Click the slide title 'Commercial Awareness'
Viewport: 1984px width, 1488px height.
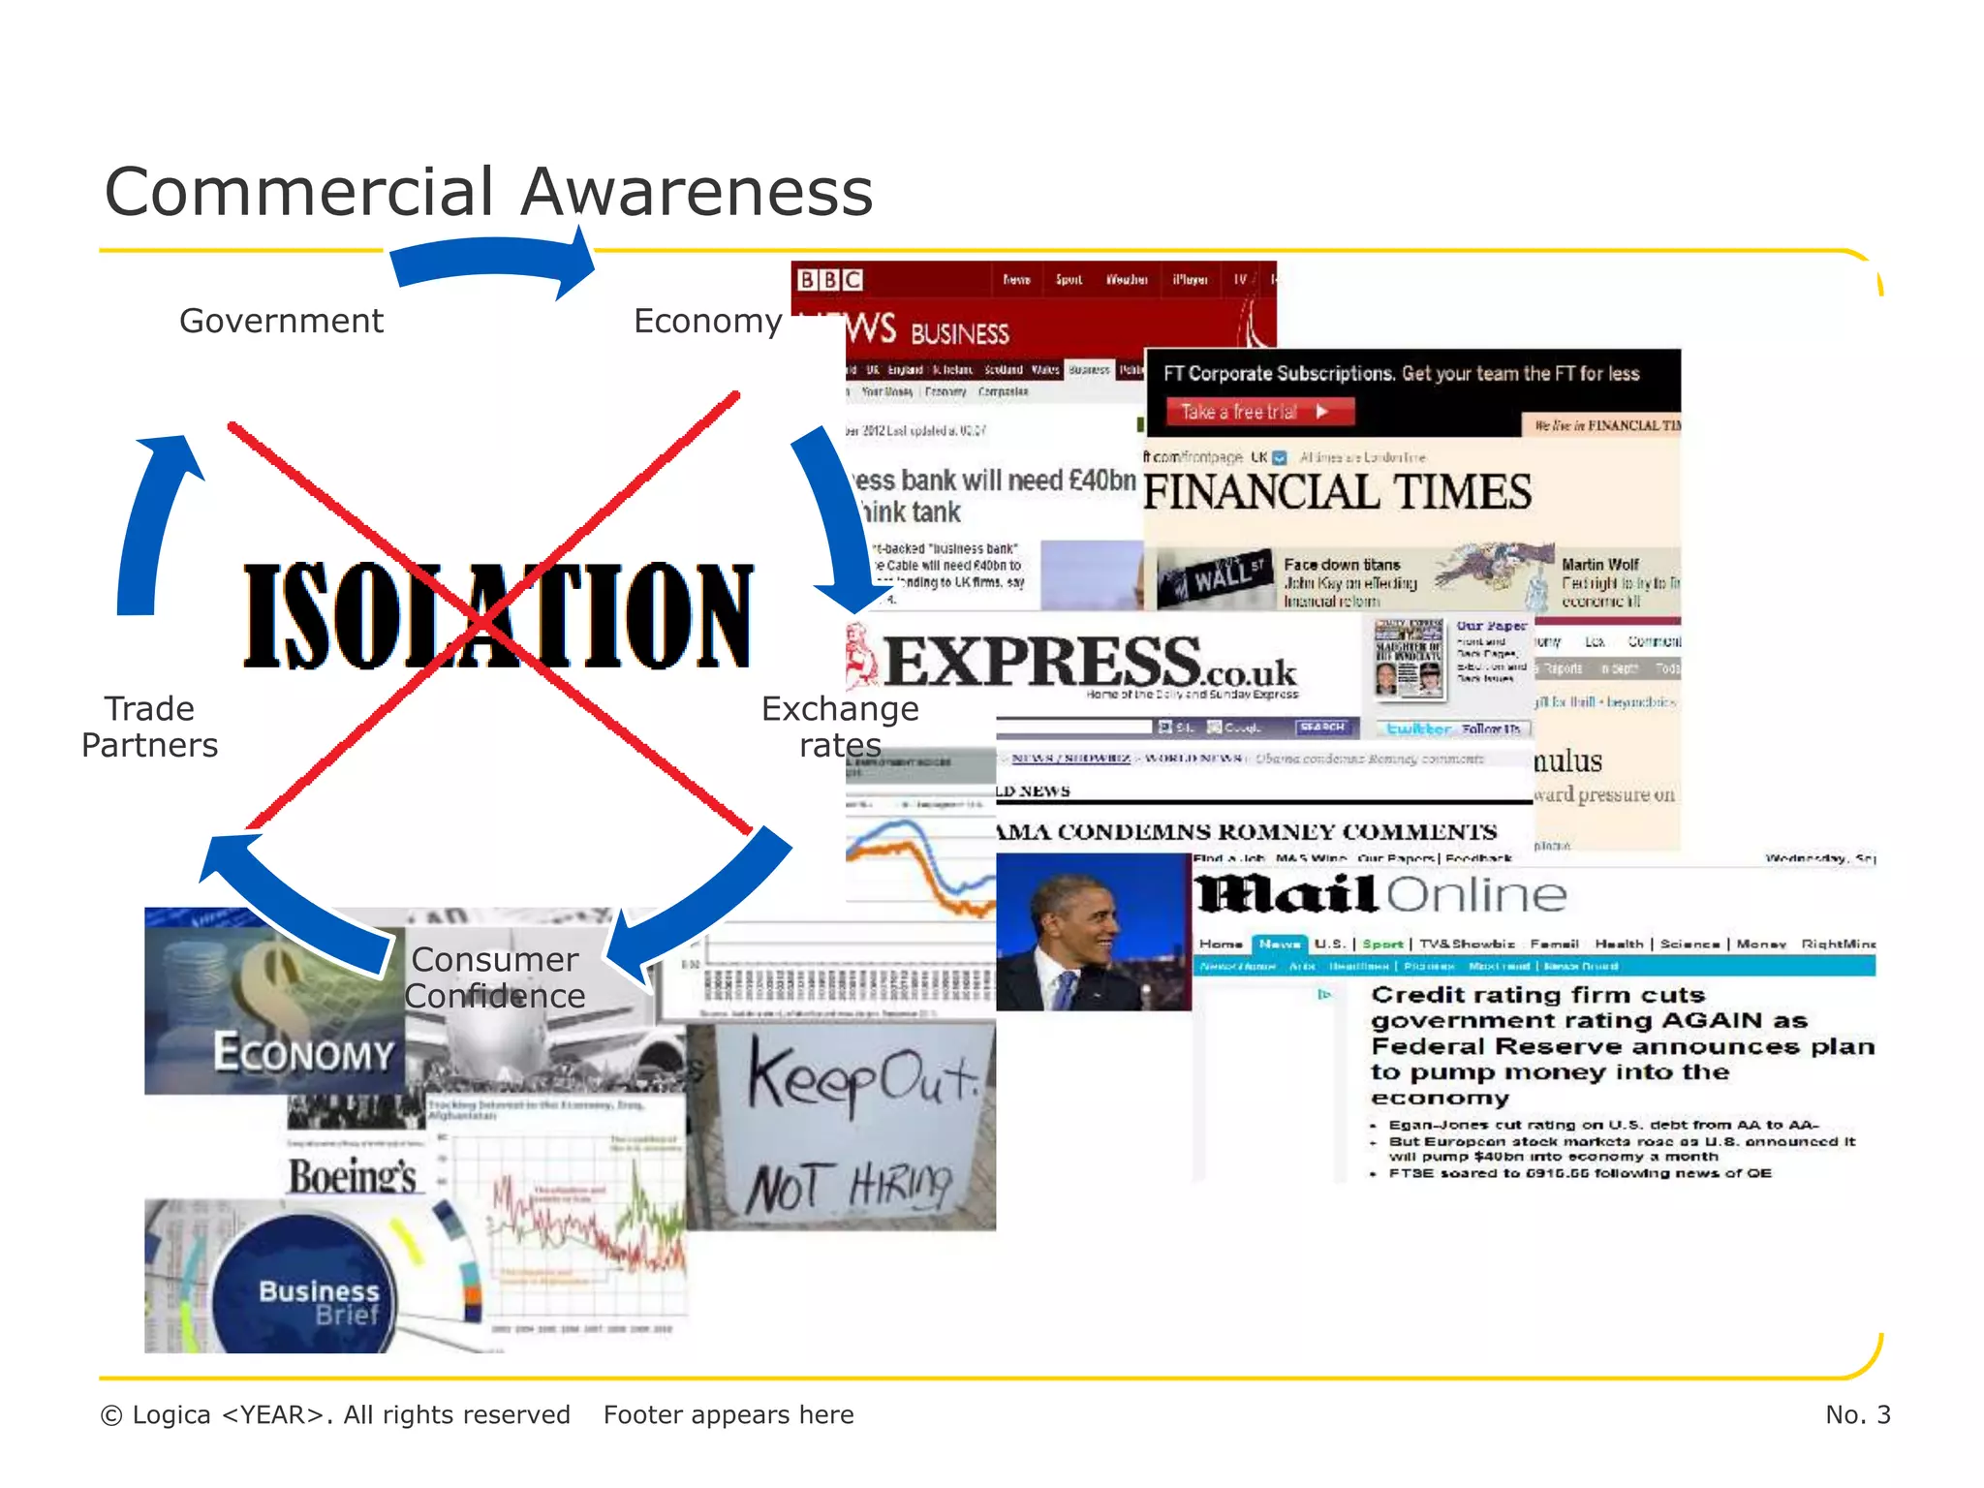click(x=488, y=192)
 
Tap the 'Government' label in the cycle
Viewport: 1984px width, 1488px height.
click(x=281, y=321)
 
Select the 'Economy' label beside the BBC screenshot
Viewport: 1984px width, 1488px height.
click(x=707, y=321)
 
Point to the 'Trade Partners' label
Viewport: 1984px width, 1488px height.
click(x=150, y=727)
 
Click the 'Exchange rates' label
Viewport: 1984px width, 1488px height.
click(x=839, y=727)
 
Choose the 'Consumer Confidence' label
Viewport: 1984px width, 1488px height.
click(x=495, y=977)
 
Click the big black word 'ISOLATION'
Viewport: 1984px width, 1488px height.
click(x=497, y=616)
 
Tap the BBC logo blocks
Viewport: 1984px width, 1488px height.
click(x=829, y=280)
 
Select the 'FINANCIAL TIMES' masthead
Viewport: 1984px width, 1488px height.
click(x=1337, y=492)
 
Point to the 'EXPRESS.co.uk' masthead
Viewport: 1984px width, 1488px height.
click(x=1090, y=664)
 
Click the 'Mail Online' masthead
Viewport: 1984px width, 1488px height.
click(x=1379, y=895)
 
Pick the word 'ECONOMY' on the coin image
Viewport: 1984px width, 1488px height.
click(x=303, y=1053)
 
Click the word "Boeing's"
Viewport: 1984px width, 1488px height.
click(x=353, y=1176)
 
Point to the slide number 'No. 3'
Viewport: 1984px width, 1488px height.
click(x=1857, y=1414)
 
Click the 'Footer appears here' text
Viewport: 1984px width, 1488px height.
click(x=728, y=1414)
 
